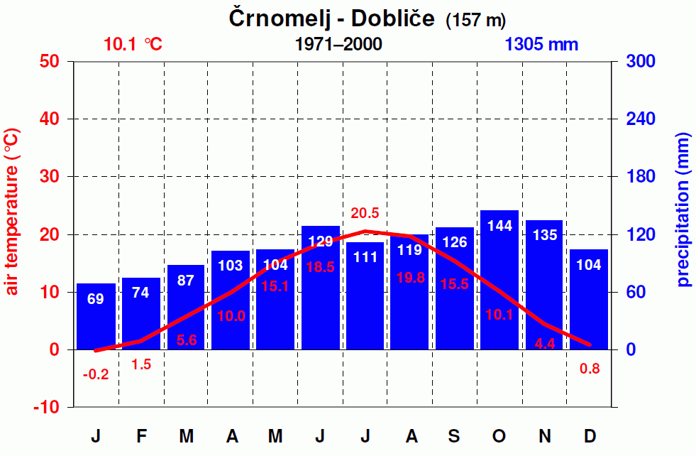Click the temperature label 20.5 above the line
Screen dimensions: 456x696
click(x=365, y=213)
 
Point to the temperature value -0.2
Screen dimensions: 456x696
click(x=96, y=374)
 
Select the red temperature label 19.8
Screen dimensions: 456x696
click(x=410, y=278)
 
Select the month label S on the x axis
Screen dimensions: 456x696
click(x=454, y=436)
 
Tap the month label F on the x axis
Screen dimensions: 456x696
click(x=141, y=436)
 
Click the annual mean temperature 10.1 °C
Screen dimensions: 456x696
click(x=133, y=44)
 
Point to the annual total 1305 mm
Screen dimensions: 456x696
click(x=542, y=44)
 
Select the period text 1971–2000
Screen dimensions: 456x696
click(x=338, y=44)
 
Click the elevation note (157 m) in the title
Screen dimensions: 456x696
click(x=475, y=21)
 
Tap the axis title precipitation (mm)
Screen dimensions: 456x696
click(x=683, y=210)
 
